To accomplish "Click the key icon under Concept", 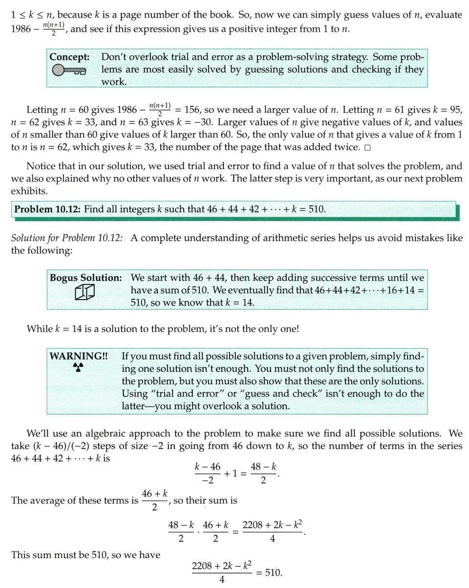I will coord(68,71).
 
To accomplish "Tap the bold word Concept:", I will coord(68,57).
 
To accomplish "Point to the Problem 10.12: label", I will coord(47,210).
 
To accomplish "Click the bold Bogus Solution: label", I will coord(85,278).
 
